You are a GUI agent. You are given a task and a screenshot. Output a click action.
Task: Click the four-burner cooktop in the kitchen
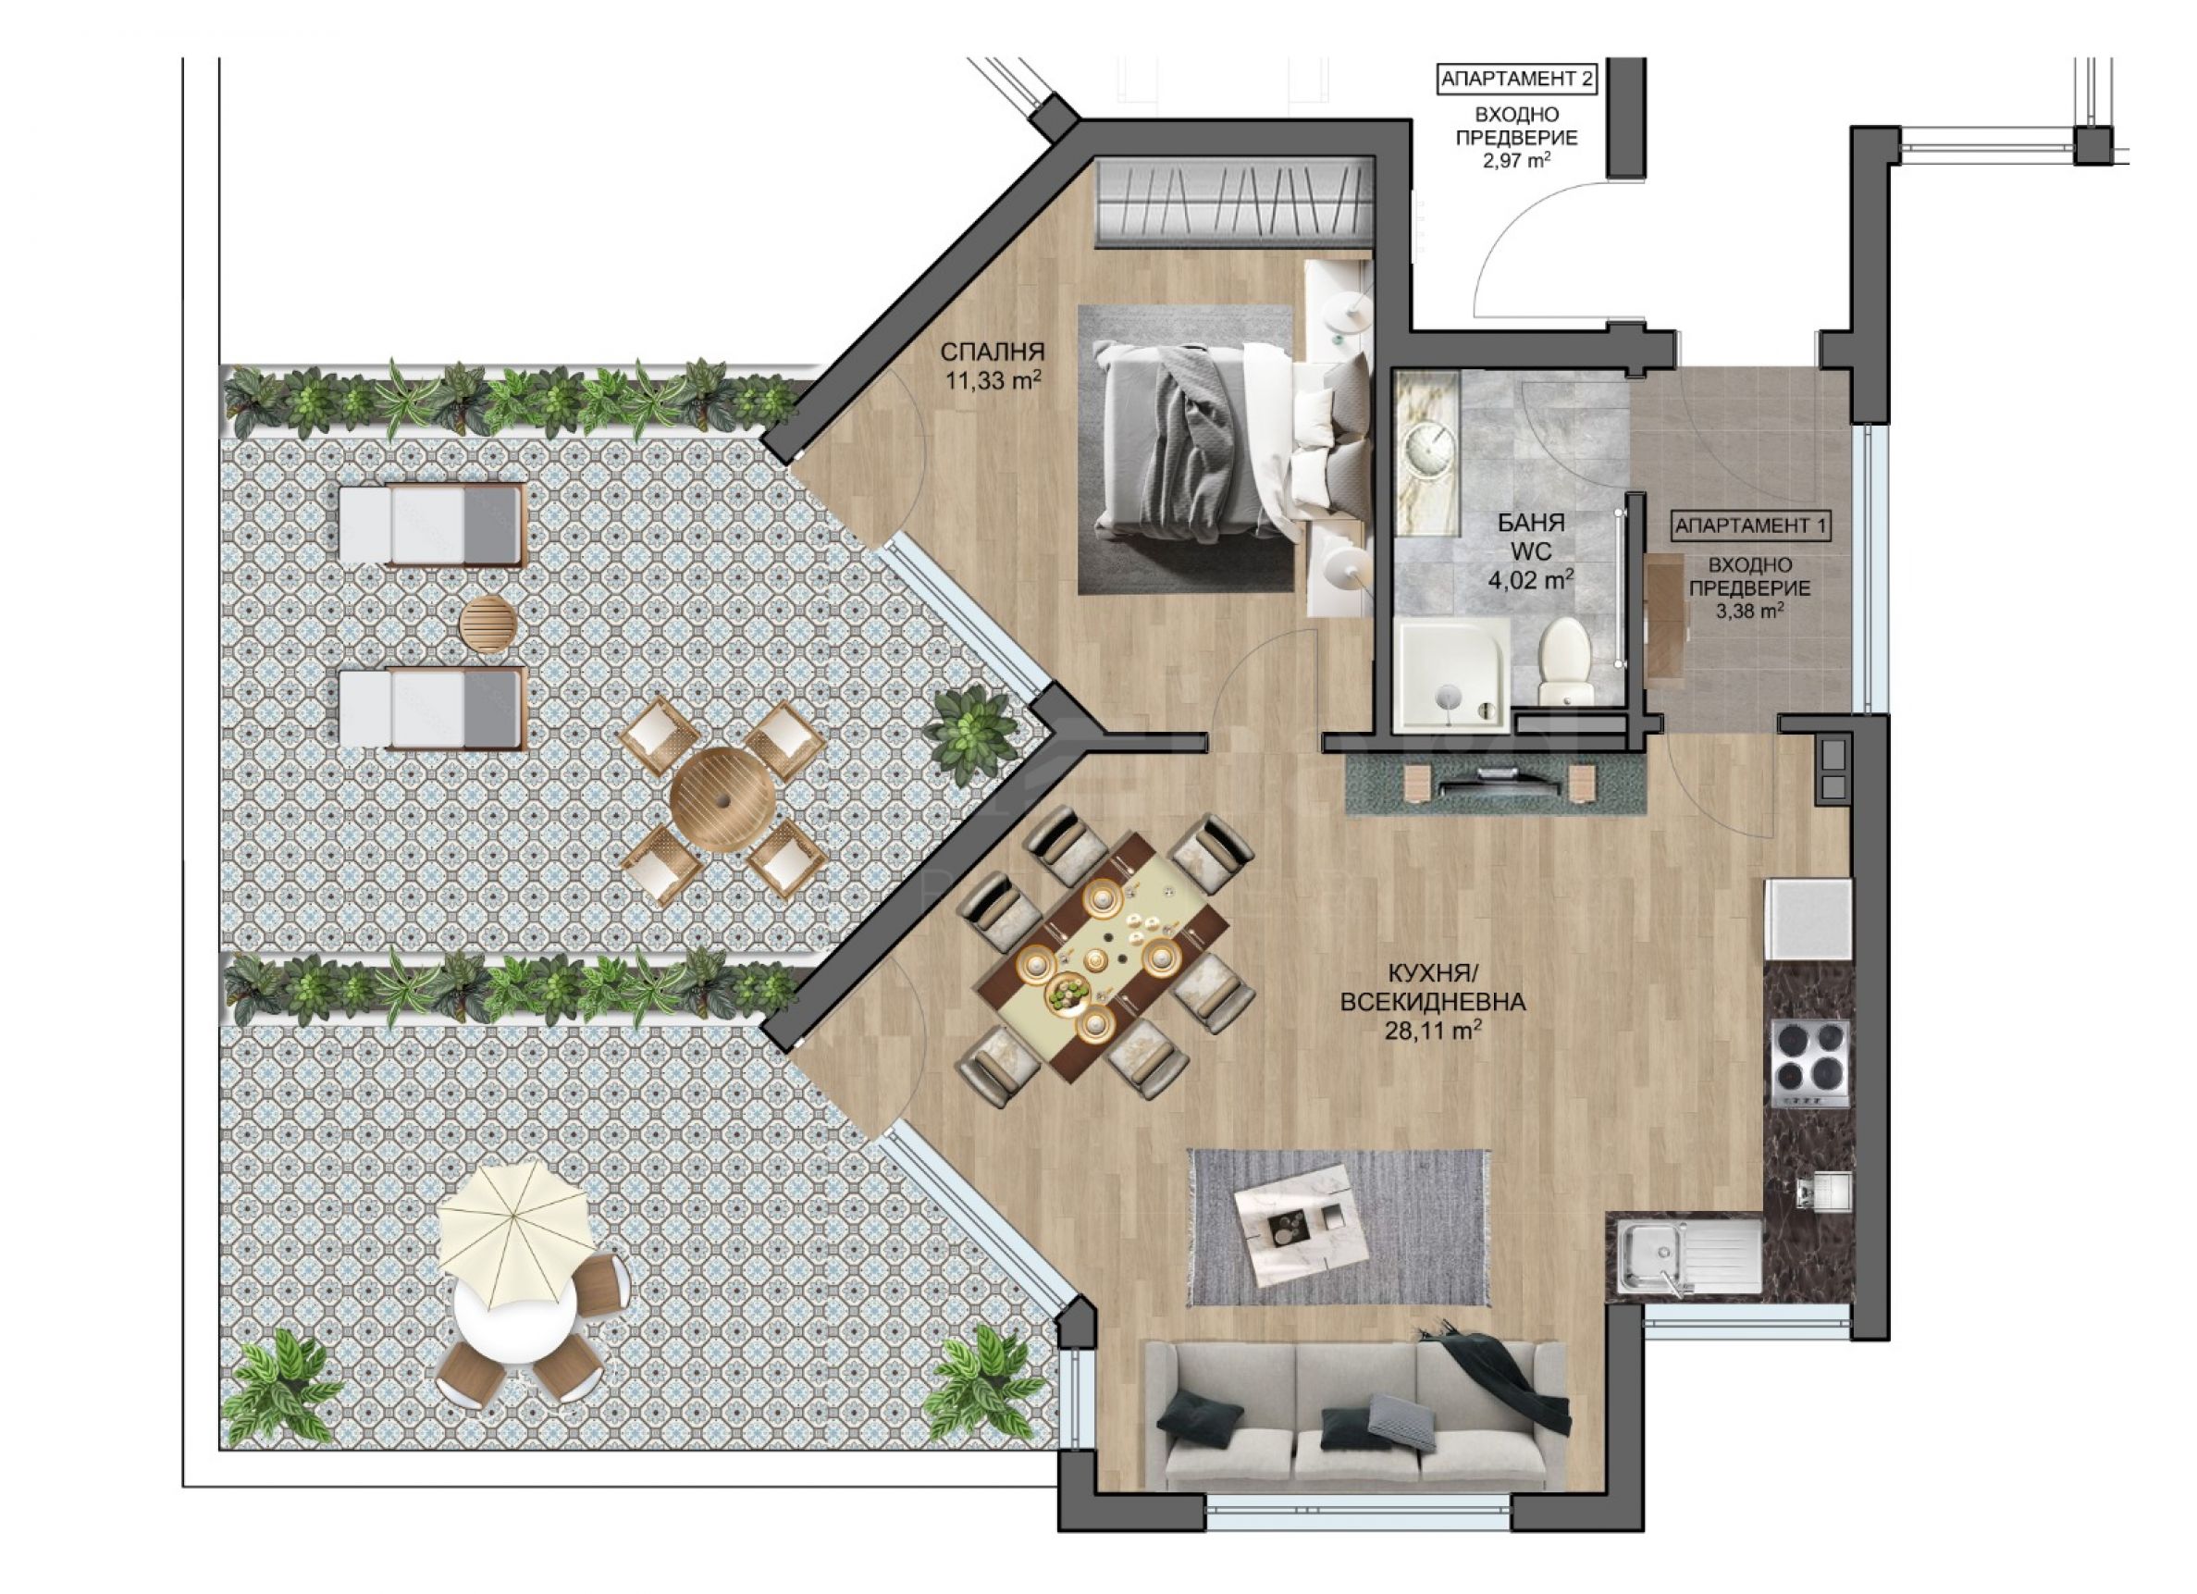pos(1809,1063)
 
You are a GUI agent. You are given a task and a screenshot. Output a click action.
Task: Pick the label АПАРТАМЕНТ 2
pos(1517,80)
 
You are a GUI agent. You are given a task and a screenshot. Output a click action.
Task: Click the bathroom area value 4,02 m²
pos(1531,580)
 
